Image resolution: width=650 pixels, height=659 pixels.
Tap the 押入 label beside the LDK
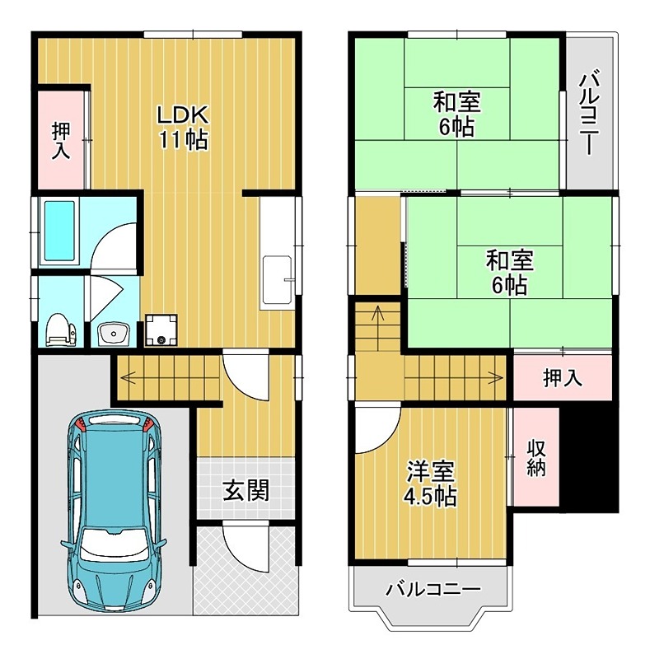(61, 140)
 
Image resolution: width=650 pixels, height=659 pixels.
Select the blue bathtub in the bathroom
(59, 231)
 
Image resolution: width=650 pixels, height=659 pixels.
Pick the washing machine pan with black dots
(161, 329)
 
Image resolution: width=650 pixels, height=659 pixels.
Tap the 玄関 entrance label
(246, 492)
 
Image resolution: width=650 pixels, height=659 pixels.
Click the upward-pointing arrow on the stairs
(376, 314)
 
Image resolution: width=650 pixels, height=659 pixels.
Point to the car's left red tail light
(81, 426)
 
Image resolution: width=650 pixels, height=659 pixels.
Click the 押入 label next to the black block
(563, 377)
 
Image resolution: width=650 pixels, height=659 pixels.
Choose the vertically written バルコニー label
(588, 114)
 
